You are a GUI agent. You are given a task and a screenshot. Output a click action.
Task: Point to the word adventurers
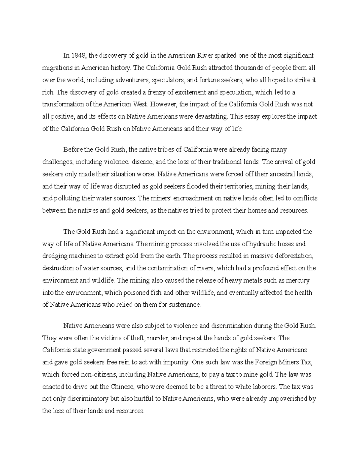133,80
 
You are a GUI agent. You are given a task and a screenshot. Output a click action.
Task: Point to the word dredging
54,256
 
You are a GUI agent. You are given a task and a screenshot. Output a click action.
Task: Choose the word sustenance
184,305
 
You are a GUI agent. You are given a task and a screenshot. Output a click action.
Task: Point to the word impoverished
288,399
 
